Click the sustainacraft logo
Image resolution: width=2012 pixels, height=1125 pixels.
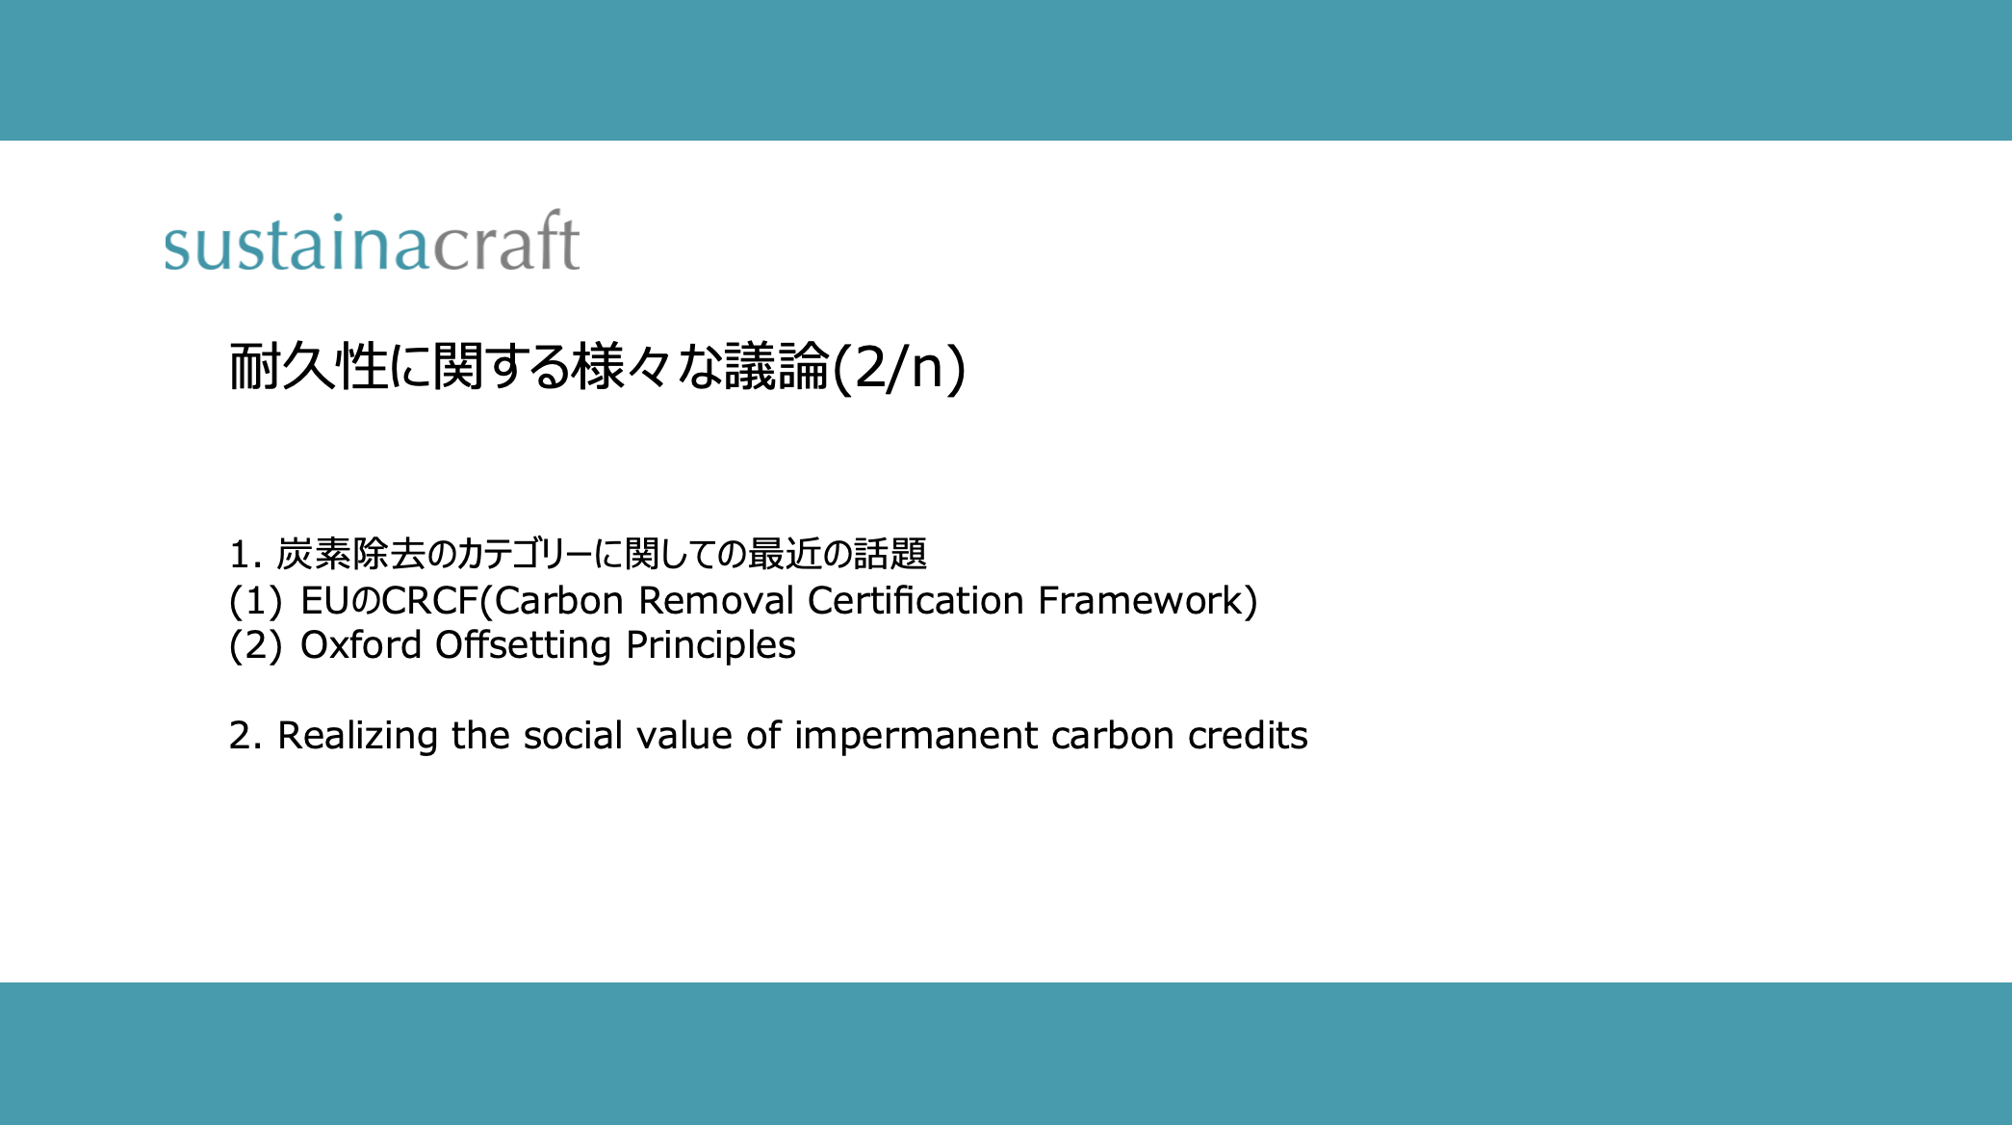[372, 240]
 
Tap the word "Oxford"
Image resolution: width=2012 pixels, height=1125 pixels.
[361, 644]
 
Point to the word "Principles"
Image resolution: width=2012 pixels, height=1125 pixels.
[710, 645]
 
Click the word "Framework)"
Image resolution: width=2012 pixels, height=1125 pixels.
[1148, 601]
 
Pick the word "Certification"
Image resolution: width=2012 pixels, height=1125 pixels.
[916, 600]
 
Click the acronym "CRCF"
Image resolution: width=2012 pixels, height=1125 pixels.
[430, 600]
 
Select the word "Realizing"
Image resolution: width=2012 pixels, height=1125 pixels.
[358, 736]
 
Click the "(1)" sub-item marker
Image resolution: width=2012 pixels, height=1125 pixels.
[255, 601]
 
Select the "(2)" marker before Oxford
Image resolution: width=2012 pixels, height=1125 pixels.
[255, 645]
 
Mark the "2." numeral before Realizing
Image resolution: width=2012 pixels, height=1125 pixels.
[246, 736]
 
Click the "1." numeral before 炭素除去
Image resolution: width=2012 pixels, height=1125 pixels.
[246, 554]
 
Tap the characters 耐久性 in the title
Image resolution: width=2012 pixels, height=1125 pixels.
[308, 367]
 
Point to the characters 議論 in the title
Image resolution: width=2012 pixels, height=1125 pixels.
[777, 367]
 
